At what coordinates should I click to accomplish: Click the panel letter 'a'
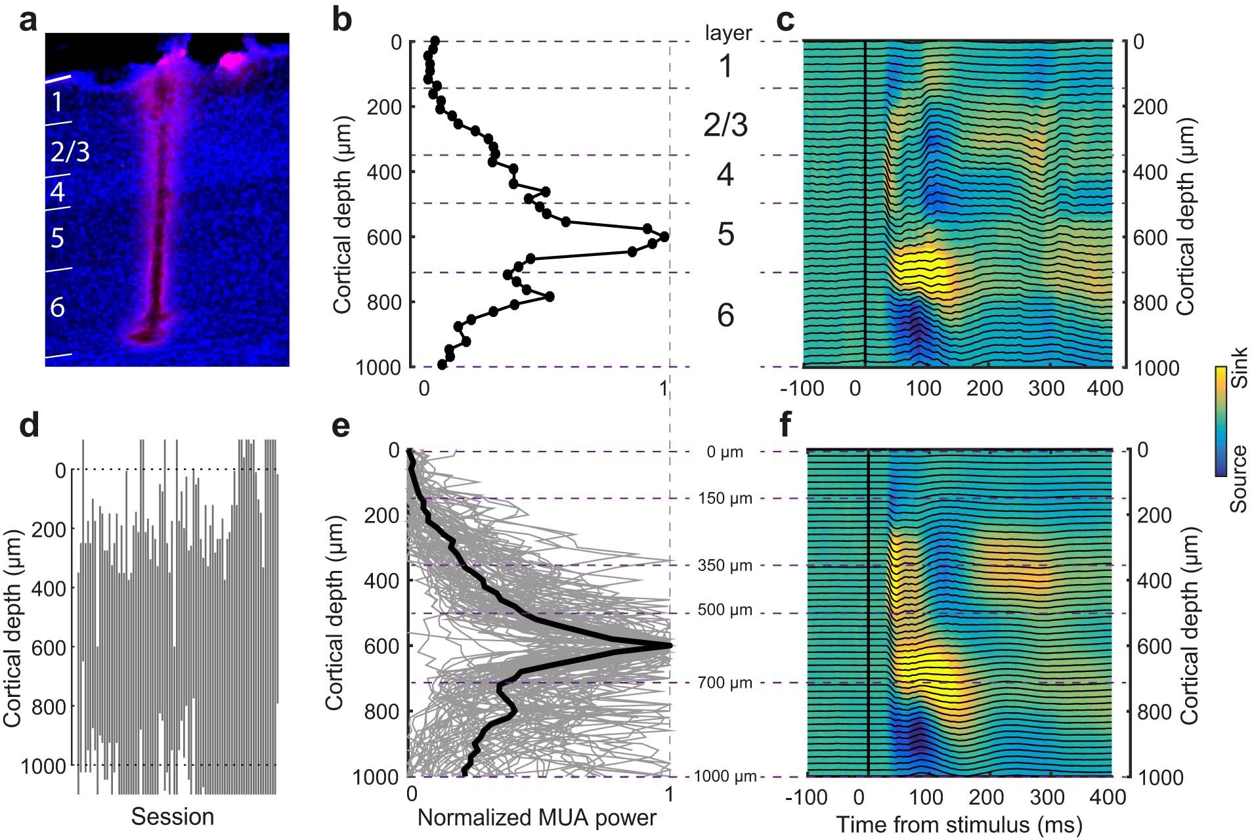pos(28,22)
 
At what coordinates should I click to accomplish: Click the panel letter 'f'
pos(786,427)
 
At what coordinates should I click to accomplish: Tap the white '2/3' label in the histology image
pos(70,152)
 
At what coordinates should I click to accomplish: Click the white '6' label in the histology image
pos(58,306)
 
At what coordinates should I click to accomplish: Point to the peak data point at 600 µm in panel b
pos(664,236)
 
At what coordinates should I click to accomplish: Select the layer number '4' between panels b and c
pos(725,175)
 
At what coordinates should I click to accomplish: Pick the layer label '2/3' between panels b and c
pos(725,125)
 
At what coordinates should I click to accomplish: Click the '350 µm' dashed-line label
pos(724,565)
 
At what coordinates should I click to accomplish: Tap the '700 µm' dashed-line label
pos(724,682)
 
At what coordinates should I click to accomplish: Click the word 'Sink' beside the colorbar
pos(1238,368)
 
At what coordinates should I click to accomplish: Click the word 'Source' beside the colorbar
pos(1238,478)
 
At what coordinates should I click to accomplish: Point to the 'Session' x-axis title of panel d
pos(173,816)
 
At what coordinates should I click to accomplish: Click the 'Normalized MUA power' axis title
pos(536,818)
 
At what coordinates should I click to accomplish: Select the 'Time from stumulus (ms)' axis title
pos(959,824)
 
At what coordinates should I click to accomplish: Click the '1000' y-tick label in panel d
pos(47,766)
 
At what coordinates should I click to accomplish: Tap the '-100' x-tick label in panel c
pos(802,388)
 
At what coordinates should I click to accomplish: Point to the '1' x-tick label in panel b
pos(664,388)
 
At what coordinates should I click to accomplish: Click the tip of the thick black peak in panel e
pos(670,645)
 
